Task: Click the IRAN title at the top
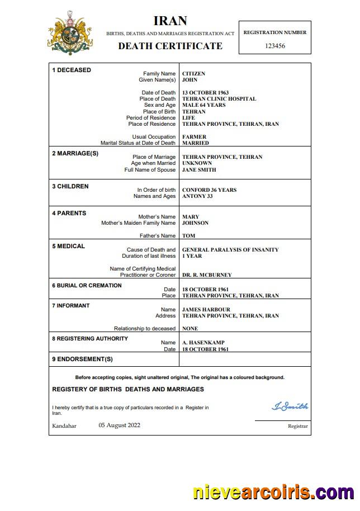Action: pos(170,22)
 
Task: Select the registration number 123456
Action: pos(274,46)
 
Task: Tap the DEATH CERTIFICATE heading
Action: pos(170,46)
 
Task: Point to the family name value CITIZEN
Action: pos(193,74)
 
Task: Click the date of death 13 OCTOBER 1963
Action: pos(205,93)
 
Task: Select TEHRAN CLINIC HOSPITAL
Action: pos(219,99)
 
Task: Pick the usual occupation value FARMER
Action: pos(194,137)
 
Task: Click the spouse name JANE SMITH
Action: pos(199,170)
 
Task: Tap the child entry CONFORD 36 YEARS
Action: pos(209,190)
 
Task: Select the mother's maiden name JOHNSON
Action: pos(195,223)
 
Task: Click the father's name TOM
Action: pos(188,236)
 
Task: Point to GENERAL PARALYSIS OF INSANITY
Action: pos(230,250)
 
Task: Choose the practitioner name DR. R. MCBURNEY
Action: pos(207,275)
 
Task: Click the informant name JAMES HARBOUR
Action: pos(206,310)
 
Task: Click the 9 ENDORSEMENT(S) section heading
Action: pos(82,359)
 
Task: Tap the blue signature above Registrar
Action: pos(290,406)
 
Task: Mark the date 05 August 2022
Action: pos(120,425)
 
